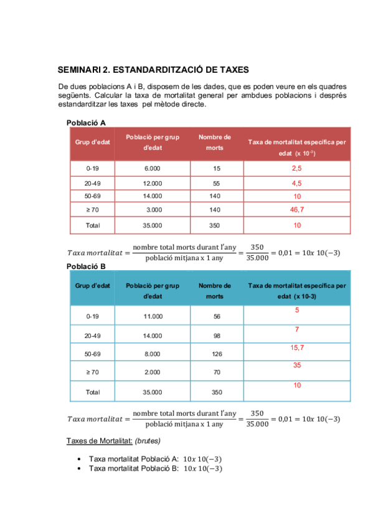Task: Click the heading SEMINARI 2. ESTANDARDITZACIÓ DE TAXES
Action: pyautogui.click(x=153, y=70)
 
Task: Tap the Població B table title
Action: pyautogui.click(x=86, y=266)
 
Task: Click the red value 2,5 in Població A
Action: pyautogui.click(x=296, y=169)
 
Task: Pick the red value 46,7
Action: pyautogui.click(x=296, y=210)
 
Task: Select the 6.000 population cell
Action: pyautogui.click(x=153, y=169)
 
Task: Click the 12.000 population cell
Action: pyautogui.click(x=153, y=183)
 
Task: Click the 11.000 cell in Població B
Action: pyautogui.click(x=153, y=316)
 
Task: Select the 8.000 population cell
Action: pyautogui.click(x=153, y=354)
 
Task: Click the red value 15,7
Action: pyautogui.click(x=297, y=347)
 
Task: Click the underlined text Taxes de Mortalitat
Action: pyautogui.click(x=99, y=441)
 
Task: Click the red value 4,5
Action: pyautogui.click(x=296, y=184)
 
